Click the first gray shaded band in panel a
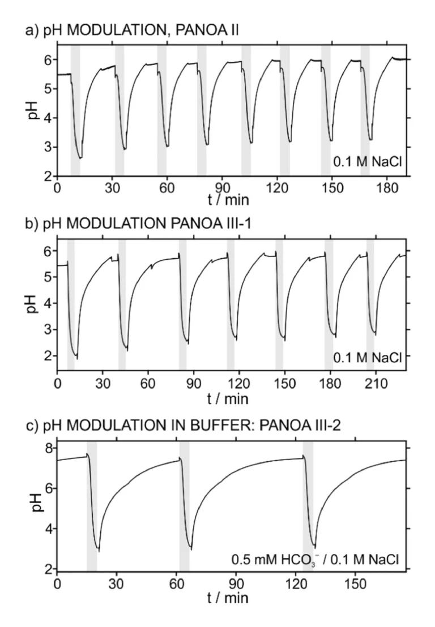tap(75, 110)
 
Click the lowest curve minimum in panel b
tap(76, 358)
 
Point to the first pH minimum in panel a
tap(80, 158)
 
